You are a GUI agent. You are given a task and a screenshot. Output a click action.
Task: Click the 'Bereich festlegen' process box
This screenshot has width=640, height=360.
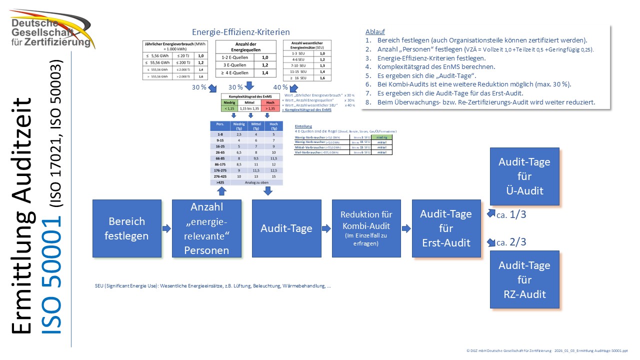tap(127, 228)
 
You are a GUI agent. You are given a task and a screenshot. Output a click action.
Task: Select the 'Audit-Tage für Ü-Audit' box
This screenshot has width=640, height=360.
tap(524, 176)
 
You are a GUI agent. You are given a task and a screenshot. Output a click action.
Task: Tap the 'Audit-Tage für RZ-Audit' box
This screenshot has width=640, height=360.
tap(524, 280)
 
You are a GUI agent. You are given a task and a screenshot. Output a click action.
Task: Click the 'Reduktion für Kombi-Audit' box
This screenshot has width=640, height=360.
tap(366, 228)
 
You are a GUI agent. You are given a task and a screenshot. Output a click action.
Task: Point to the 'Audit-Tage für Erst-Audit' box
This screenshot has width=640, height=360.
tap(446, 228)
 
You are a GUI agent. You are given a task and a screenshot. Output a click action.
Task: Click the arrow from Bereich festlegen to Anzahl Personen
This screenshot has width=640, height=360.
tap(166, 228)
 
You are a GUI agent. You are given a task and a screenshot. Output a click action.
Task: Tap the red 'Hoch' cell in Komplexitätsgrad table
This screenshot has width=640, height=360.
tap(270, 102)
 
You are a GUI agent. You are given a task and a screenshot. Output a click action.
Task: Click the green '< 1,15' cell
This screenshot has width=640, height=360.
tap(229, 108)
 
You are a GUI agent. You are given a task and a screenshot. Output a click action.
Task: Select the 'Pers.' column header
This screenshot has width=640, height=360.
tap(219, 125)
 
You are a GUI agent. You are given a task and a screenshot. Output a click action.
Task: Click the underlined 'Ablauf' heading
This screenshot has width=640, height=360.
tap(375, 31)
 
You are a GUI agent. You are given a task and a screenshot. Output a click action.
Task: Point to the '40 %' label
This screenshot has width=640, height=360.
tap(280, 87)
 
